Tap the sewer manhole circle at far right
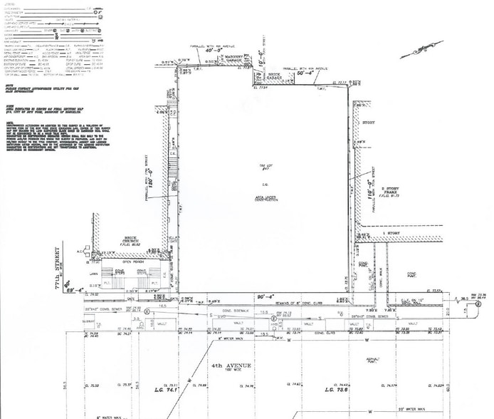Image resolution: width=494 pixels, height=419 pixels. tap(479, 304)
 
